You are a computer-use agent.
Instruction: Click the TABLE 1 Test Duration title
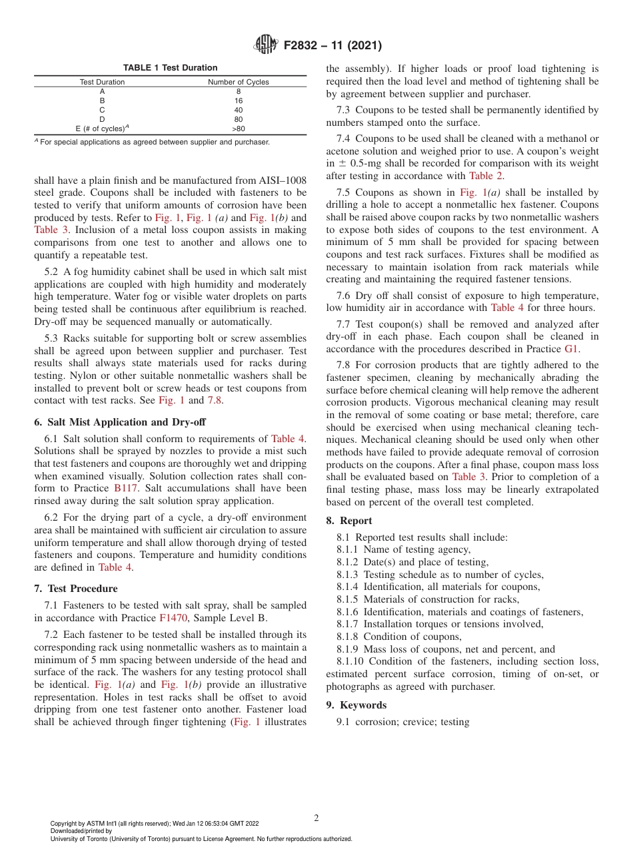[170, 68]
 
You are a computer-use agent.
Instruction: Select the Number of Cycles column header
[239, 82]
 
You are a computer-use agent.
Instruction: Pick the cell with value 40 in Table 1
[239, 110]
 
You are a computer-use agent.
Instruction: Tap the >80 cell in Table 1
[239, 129]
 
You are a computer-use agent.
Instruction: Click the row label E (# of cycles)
[102, 129]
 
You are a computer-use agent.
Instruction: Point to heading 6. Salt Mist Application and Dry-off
[120, 422]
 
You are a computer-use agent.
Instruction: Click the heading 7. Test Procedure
[75, 589]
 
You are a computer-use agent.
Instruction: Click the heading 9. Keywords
[356, 705]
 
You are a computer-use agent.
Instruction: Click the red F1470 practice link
[173, 617]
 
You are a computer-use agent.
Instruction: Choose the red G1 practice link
[572, 348]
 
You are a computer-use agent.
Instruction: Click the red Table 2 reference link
[486, 176]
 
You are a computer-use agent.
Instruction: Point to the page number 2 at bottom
[316, 818]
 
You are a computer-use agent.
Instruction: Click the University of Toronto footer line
[201, 838]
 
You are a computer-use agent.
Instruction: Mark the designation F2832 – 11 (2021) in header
[332, 46]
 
